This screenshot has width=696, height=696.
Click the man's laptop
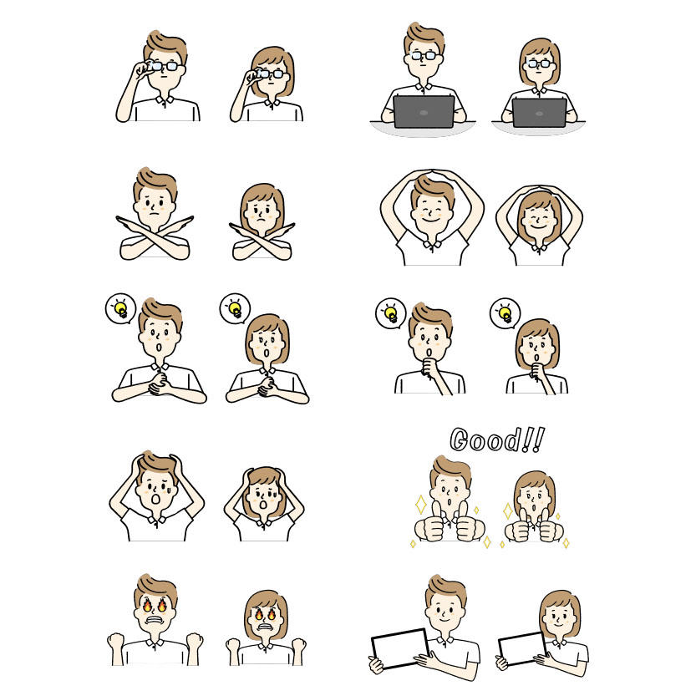(424, 111)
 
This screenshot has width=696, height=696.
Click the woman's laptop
(539, 113)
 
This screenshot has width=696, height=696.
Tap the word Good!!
(497, 439)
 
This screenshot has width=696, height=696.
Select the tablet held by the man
(400, 648)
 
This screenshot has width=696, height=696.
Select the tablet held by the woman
(522, 649)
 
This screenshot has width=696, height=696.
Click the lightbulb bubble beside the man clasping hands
(120, 308)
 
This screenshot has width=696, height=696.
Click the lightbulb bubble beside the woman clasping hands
(236, 308)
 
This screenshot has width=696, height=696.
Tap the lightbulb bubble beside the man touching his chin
(391, 313)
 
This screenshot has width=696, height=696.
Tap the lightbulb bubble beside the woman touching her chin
(505, 313)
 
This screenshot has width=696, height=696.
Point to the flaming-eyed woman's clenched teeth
(265, 627)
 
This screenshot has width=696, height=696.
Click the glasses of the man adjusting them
(164, 67)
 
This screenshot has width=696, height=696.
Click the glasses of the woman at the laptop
(539, 64)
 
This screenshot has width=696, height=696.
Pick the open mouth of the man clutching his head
(155, 500)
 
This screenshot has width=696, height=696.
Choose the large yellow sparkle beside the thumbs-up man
(420, 505)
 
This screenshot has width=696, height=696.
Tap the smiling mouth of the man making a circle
(429, 219)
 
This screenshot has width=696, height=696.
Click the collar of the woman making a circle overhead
(539, 246)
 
